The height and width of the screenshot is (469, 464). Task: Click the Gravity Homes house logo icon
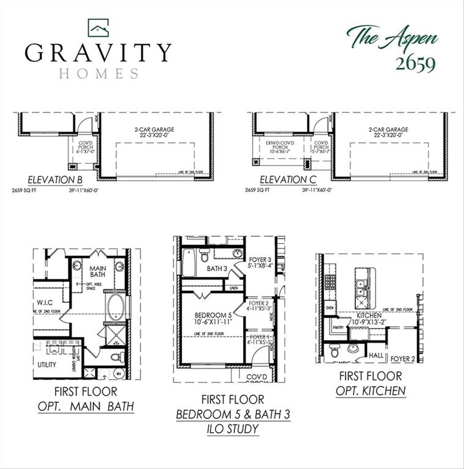point(98,27)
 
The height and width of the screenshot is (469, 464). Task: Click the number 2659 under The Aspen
point(414,64)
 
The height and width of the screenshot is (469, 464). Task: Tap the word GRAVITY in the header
point(98,53)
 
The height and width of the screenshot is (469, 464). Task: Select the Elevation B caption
point(56,180)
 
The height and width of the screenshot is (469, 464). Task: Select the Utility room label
point(47,365)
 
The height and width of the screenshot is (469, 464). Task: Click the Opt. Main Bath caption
point(86,405)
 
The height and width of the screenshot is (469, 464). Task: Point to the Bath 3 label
point(217,268)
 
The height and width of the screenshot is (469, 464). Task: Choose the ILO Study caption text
point(233,429)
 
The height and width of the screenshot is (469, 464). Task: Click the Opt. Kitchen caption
point(371,391)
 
